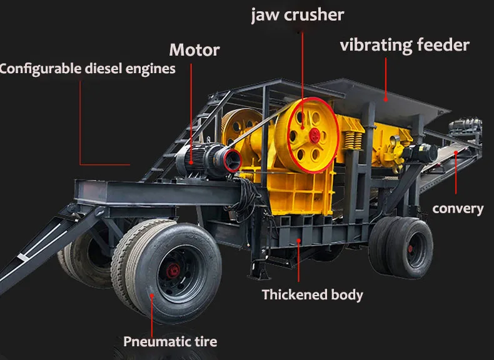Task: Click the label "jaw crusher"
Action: (298, 15)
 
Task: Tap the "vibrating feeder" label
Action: (405, 46)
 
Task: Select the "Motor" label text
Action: (194, 49)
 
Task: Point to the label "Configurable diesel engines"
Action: (87, 69)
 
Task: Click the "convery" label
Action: (458, 209)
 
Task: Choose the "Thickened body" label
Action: (312, 294)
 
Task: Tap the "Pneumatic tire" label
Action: (170, 341)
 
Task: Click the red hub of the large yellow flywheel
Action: (312, 134)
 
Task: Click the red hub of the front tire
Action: (172, 271)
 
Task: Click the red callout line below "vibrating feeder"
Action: (386, 77)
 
